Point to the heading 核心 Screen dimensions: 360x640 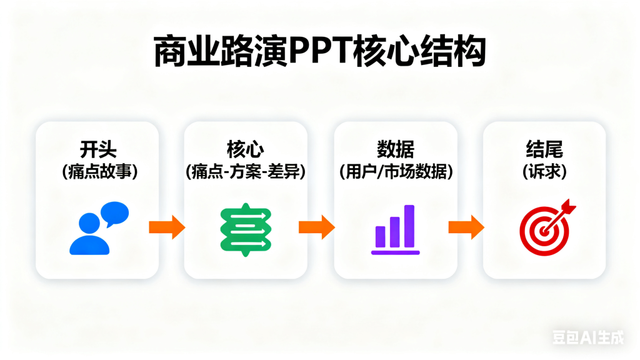(x=246, y=149)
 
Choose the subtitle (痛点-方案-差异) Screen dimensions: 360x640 (x=246, y=172)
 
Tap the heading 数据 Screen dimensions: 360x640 (x=395, y=149)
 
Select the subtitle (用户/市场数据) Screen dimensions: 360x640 (x=395, y=172)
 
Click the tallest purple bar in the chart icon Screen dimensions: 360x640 (x=409, y=226)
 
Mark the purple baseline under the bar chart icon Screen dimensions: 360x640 (x=395, y=252)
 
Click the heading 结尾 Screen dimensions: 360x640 (x=544, y=149)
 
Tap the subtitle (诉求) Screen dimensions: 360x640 (x=544, y=172)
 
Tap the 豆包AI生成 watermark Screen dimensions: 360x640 (x=587, y=338)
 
